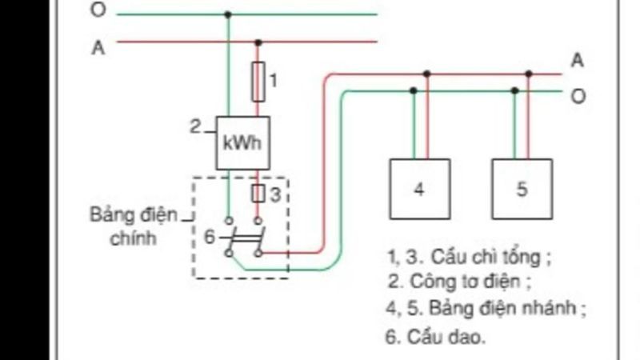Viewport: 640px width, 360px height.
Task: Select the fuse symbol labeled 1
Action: tap(258, 82)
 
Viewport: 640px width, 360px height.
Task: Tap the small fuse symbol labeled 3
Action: tap(258, 193)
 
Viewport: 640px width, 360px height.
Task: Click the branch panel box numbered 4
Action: tap(419, 189)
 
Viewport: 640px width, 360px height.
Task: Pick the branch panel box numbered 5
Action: tap(522, 189)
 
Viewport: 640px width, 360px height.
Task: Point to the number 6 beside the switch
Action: tap(209, 237)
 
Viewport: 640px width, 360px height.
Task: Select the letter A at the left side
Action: tap(98, 47)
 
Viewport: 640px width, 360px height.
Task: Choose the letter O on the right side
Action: tap(578, 97)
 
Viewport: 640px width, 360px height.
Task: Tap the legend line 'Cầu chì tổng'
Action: tap(469, 258)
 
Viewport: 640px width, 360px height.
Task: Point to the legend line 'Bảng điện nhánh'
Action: tap(485, 308)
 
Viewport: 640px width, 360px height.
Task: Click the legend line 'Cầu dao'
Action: tap(435, 336)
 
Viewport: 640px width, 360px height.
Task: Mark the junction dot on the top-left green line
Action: tap(229, 14)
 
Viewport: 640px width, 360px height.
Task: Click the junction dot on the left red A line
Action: tap(258, 42)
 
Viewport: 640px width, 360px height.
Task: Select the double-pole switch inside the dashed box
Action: tap(243, 237)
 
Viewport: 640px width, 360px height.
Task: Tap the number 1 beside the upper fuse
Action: tap(273, 80)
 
